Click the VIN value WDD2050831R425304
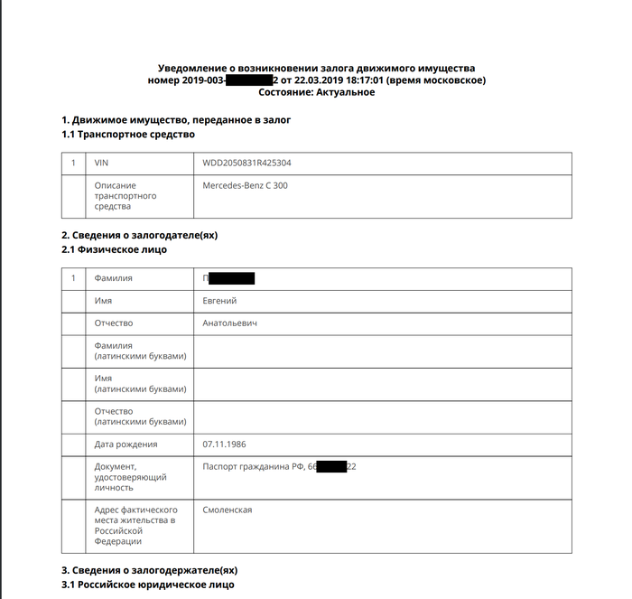tap(247, 164)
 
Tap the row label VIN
tap(101, 164)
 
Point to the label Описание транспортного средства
tap(126, 196)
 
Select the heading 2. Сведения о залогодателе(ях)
tap(139, 235)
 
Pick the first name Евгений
tap(220, 301)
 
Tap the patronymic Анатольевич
tap(231, 323)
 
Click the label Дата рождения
tap(126, 445)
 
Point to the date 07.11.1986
tap(225, 445)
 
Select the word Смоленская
tap(228, 510)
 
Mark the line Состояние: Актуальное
tap(316, 93)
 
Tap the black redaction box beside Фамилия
tap(232, 278)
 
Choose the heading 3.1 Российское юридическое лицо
tap(148, 585)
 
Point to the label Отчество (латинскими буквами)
tap(140, 416)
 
